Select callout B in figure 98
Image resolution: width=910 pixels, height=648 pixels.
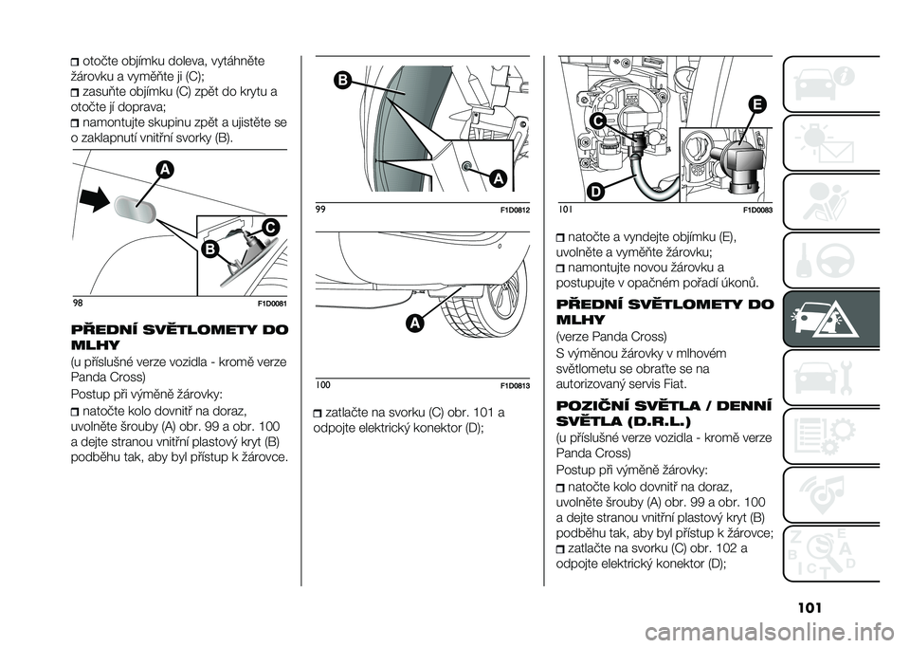[x=209, y=250]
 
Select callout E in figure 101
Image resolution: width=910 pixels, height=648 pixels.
[x=757, y=104]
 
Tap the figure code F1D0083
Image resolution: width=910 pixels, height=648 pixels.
[x=758, y=211]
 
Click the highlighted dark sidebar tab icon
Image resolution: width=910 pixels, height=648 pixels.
[x=830, y=319]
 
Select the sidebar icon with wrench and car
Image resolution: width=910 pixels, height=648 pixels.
[x=830, y=378]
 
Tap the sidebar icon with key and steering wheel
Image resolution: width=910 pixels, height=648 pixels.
[x=830, y=260]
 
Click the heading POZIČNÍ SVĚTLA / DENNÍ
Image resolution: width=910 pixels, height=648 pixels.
[x=664, y=405]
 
